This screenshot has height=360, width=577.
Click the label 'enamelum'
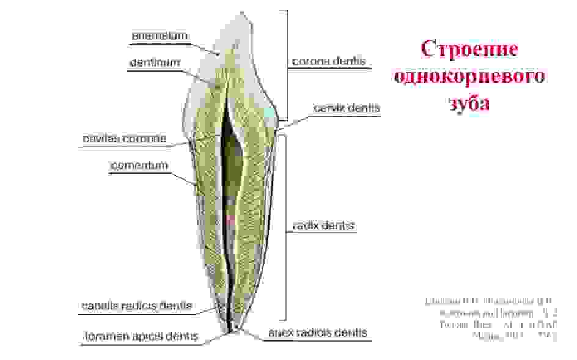[x=160, y=36]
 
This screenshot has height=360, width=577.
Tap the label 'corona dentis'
[x=328, y=61]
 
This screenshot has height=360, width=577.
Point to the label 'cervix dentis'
[x=347, y=108]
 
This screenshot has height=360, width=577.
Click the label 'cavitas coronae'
[x=125, y=139]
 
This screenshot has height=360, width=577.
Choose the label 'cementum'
[x=139, y=166]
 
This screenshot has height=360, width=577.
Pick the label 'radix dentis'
[x=323, y=226]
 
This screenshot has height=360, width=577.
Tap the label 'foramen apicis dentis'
[x=140, y=336]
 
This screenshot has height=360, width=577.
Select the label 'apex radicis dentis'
[x=317, y=333]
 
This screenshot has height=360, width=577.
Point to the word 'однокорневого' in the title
[x=469, y=77]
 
